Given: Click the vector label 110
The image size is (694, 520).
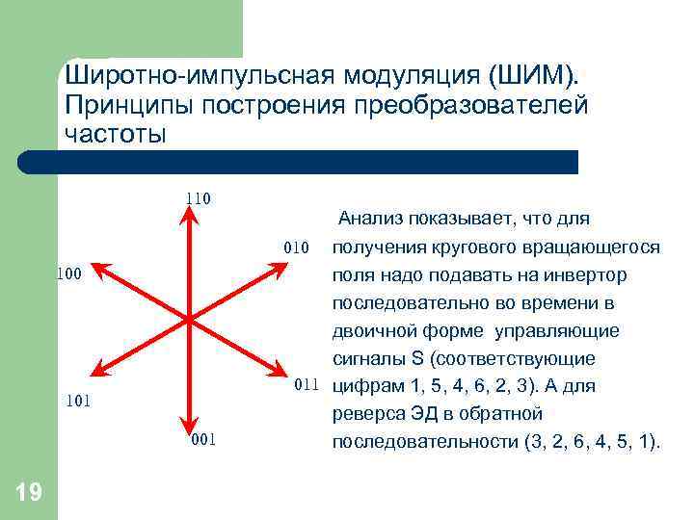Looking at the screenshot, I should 199,199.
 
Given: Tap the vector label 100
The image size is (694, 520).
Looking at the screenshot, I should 67,274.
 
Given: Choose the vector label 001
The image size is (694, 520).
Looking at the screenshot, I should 203,440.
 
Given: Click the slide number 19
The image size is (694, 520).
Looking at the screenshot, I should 29,493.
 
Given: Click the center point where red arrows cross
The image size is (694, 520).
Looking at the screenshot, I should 186,318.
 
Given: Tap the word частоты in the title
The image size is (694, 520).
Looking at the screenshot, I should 116,133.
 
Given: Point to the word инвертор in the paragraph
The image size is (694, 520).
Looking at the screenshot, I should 591,275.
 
